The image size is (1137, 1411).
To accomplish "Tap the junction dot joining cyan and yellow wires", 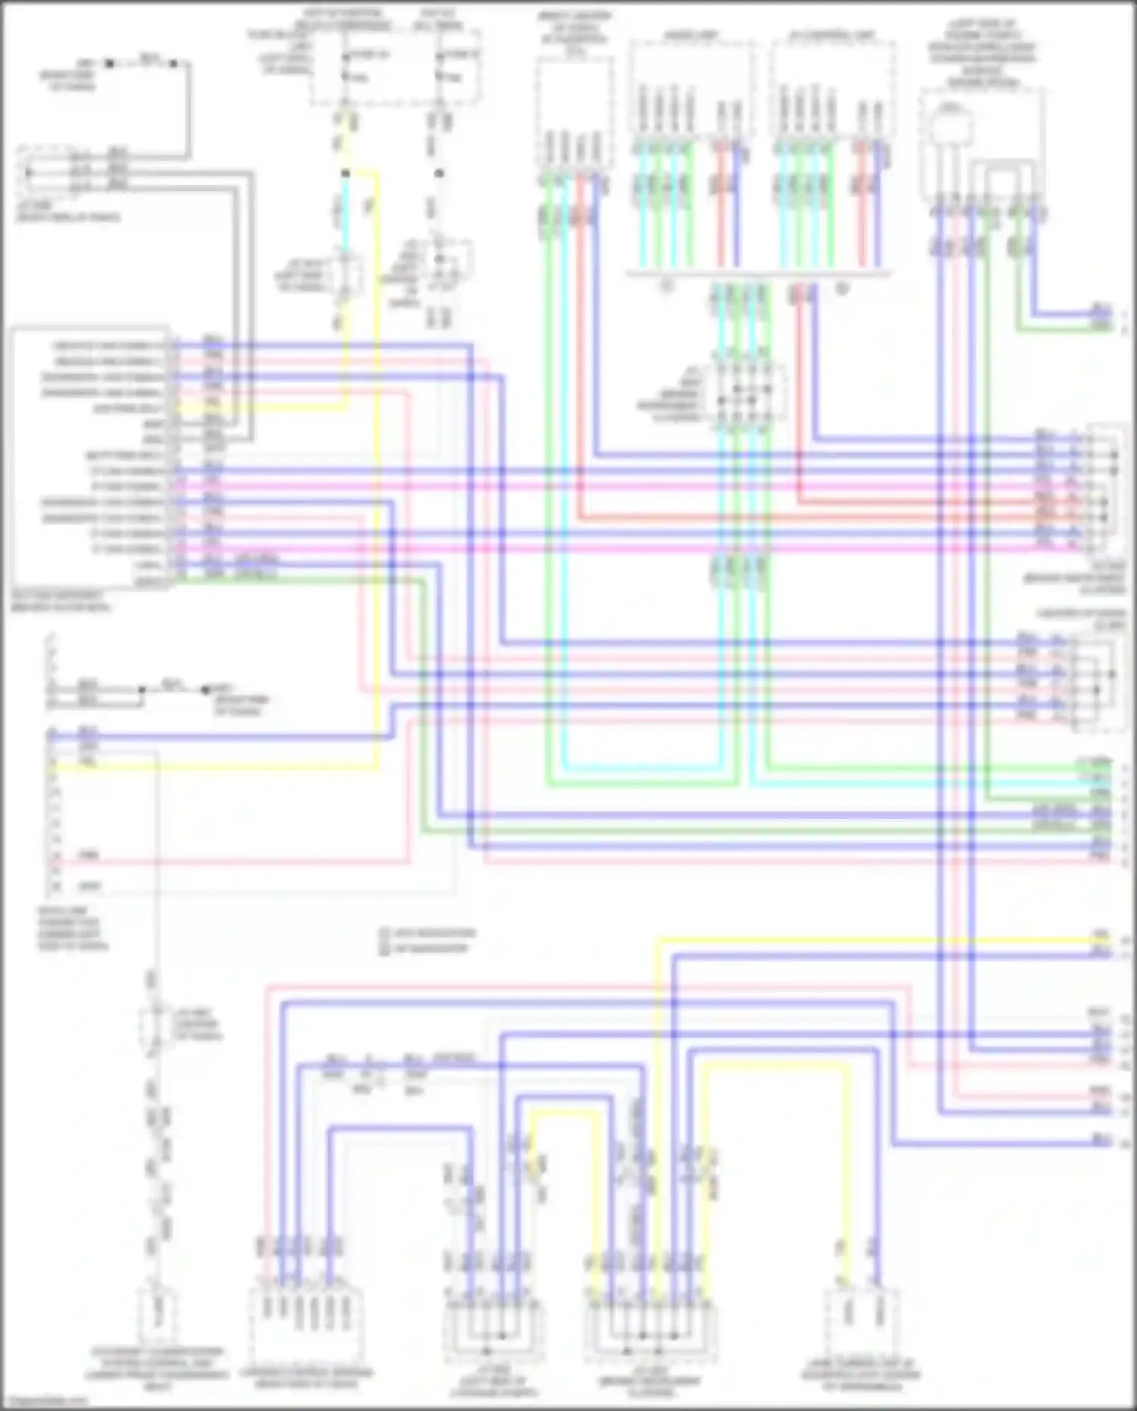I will click(346, 174).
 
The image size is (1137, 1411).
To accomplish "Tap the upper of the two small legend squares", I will click(384, 933).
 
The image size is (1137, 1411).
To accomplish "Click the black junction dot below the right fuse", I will click(440, 174).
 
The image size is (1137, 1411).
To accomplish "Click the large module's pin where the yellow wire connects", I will click(174, 408).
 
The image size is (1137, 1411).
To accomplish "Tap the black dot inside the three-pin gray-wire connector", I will click(30, 173).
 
